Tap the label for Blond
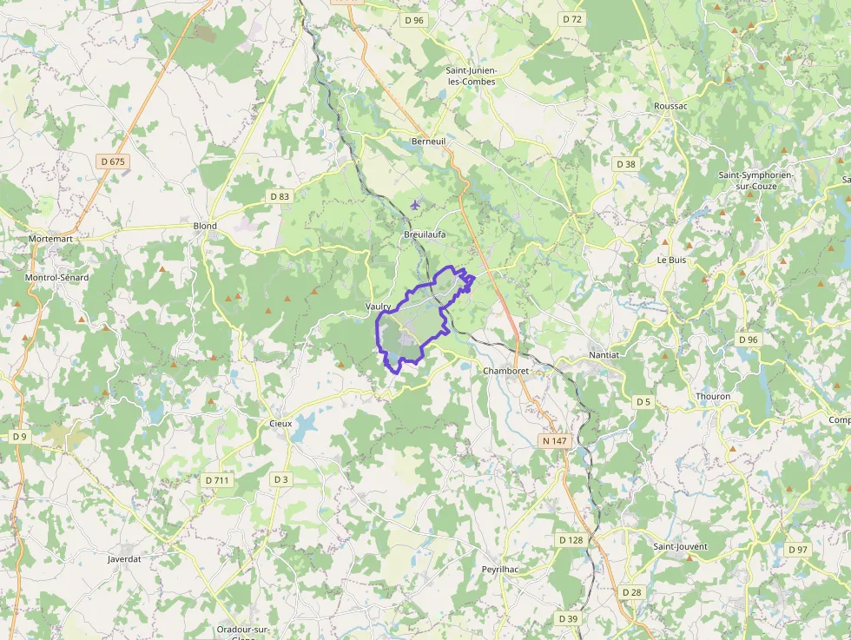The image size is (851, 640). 205,226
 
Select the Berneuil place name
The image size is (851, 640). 428,140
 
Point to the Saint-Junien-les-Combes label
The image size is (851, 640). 471,76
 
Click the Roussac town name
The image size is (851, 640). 670,106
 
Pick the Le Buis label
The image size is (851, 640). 671,259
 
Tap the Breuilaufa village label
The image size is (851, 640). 425,234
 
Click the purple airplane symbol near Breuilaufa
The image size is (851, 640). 415,205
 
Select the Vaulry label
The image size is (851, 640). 378,307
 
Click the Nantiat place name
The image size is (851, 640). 604,355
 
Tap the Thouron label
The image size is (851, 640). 713,396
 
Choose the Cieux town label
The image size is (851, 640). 280,423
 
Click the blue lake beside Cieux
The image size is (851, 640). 305,426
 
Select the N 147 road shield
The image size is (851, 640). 554,441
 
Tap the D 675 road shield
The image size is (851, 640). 113,162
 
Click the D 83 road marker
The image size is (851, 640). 280,196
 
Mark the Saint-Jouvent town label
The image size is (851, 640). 680,547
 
